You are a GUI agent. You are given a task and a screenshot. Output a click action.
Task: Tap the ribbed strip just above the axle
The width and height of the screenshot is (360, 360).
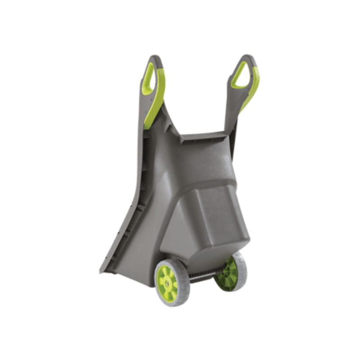point(205,271)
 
